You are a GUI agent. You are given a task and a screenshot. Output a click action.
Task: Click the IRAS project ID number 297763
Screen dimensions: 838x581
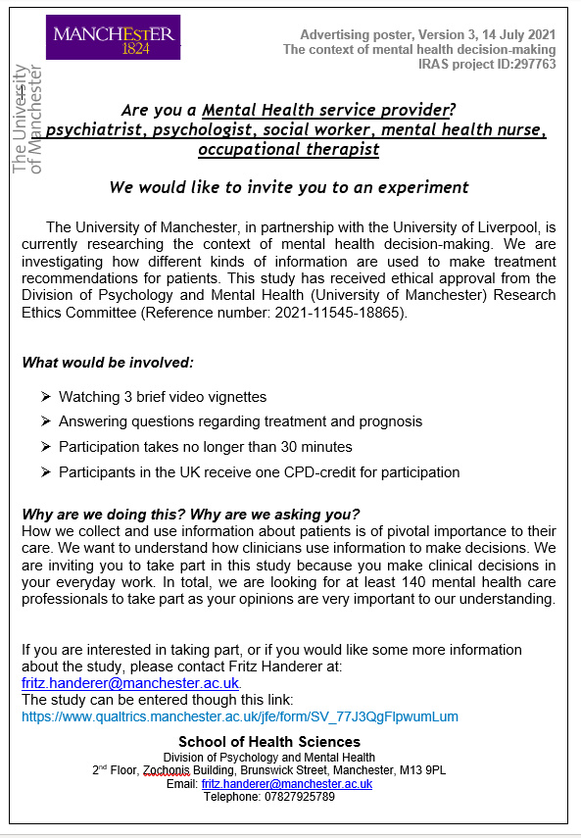(x=534, y=65)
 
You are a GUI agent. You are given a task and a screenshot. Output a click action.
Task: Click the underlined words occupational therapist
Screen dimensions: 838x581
(x=288, y=149)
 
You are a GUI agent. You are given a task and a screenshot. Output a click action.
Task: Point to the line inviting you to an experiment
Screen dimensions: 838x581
(x=288, y=186)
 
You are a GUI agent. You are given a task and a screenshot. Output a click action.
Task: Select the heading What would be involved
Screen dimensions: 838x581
(x=108, y=363)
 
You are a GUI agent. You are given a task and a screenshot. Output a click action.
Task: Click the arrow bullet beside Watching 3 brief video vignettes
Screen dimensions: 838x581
(x=46, y=396)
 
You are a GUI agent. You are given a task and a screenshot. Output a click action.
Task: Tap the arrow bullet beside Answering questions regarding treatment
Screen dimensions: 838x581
(x=46, y=421)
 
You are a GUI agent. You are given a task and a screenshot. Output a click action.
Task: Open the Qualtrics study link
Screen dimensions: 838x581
(x=240, y=716)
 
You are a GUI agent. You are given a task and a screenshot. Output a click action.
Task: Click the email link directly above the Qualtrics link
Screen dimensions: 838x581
(x=129, y=682)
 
